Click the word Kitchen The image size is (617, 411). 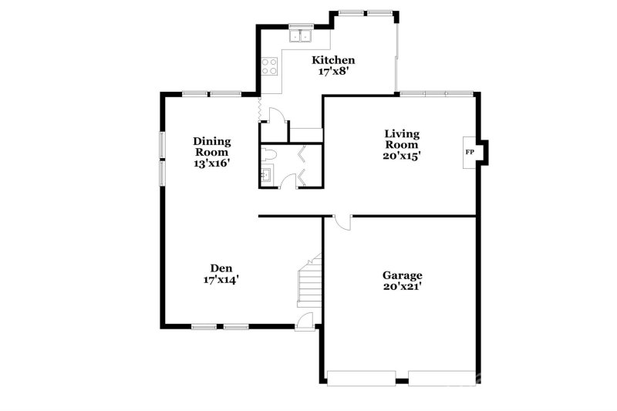coord(333,60)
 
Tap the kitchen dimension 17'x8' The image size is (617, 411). coord(333,72)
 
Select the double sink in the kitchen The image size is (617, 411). coord(299,35)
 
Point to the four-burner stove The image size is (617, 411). coord(269,67)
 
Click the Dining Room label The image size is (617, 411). coord(211,147)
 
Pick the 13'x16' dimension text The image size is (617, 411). coord(211,163)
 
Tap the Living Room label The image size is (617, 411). coord(402,139)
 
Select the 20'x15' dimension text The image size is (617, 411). coord(402,155)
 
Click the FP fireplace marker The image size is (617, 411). coord(470,151)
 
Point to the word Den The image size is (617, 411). coord(216,268)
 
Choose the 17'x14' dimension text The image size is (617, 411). coord(216,280)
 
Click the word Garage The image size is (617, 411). coord(402,275)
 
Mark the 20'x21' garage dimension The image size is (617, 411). coord(402,287)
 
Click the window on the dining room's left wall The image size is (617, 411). coord(162,158)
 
